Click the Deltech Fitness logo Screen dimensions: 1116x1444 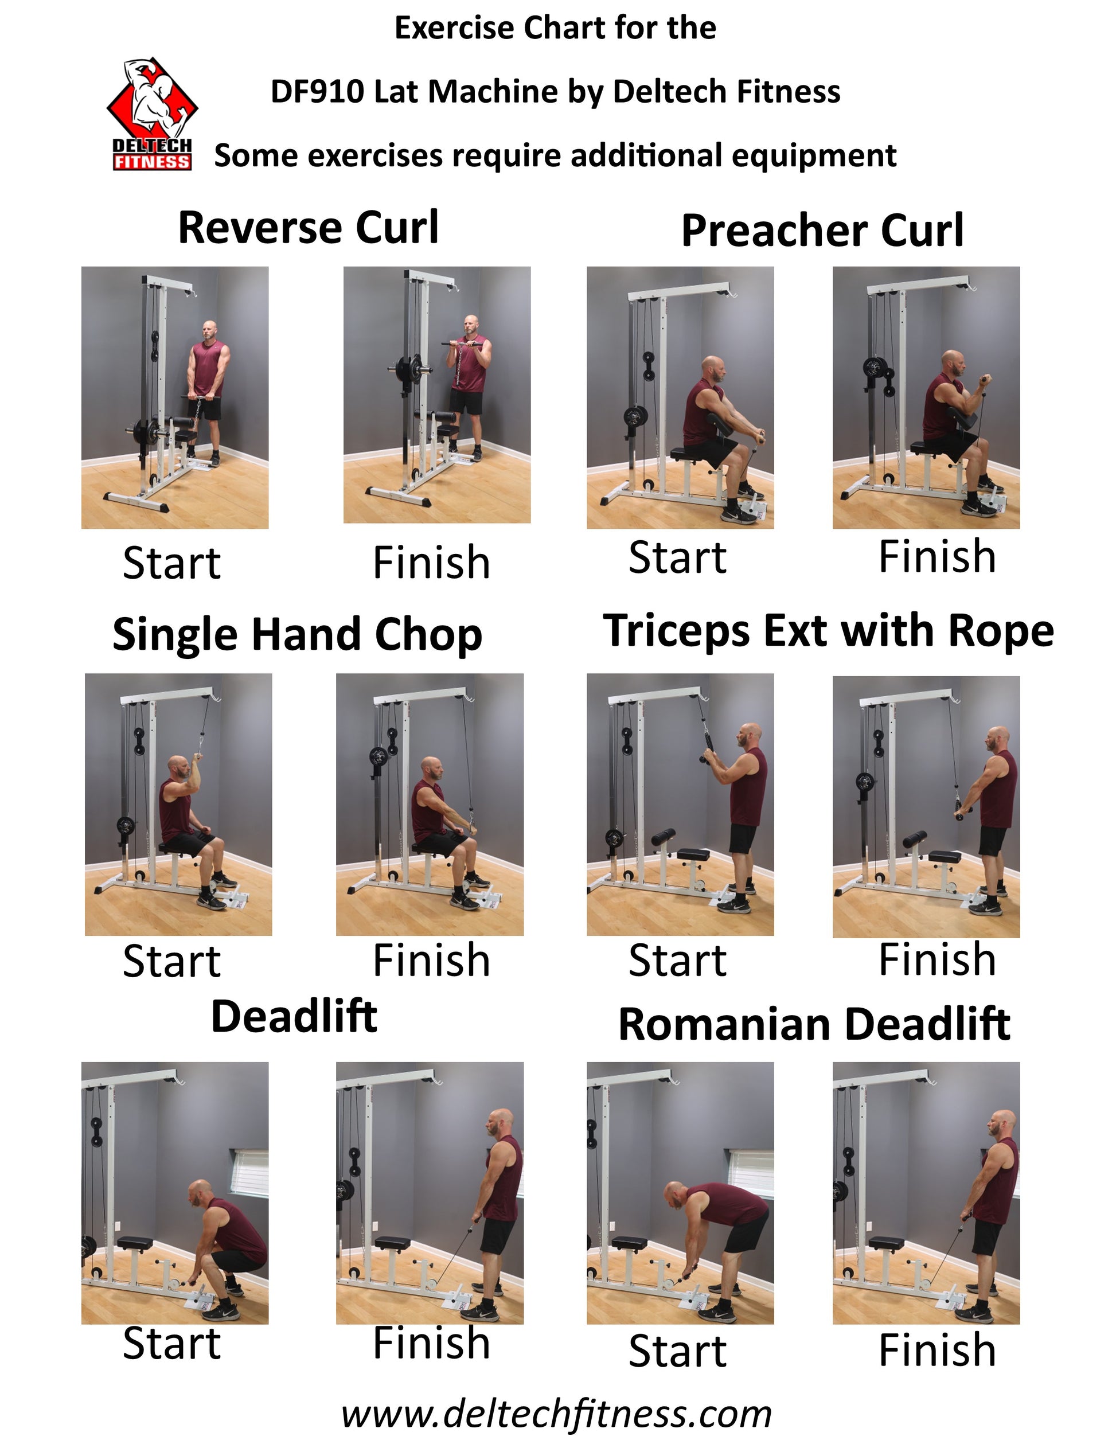[152, 114]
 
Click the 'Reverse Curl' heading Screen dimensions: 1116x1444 [308, 228]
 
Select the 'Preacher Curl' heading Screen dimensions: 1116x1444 [822, 232]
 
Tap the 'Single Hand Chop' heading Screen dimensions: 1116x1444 [298, 635]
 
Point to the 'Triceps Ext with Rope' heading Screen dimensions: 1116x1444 [829, 631]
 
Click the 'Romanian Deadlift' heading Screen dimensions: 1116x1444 [814, 1024]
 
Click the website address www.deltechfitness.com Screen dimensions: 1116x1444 [557, 1414]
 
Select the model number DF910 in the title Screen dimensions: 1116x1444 [317, 91]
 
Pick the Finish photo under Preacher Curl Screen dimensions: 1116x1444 [926, 397]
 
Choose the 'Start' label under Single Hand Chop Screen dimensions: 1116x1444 [172, 961]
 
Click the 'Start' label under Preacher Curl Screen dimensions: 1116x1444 [678, 557]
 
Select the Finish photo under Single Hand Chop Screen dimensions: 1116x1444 [430, 805]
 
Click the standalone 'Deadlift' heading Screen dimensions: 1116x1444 [294, 1016]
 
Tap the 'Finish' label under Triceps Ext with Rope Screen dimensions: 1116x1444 [937, 959]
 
